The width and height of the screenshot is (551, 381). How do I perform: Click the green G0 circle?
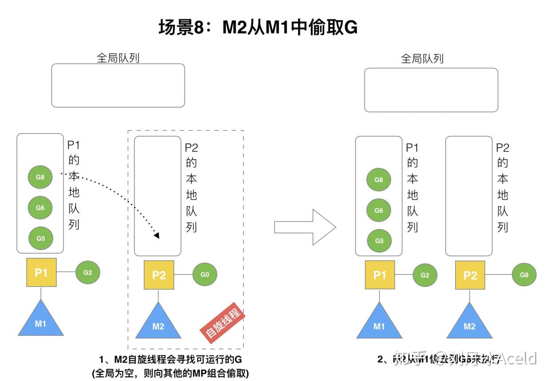204,275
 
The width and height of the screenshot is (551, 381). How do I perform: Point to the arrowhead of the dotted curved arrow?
156,235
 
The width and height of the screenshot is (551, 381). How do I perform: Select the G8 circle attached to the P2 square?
524,275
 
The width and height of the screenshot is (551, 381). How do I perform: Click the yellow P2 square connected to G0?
159,275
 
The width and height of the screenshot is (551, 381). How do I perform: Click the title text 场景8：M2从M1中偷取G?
258,27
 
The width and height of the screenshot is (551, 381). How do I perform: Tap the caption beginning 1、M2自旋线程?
172,359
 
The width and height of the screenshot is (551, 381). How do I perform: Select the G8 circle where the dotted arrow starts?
40,177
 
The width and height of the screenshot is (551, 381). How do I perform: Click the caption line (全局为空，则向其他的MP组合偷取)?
171,373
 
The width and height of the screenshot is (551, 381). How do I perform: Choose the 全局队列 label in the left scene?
118,58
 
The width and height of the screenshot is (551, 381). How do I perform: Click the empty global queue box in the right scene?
431,90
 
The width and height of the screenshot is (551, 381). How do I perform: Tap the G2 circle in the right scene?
425,275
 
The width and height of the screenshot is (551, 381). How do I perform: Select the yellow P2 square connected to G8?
470,275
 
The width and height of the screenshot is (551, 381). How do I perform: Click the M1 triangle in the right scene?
379,323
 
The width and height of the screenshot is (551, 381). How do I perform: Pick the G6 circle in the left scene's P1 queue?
40,207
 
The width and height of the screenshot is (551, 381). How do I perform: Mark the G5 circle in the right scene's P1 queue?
379,241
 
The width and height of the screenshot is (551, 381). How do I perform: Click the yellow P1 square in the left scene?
41,273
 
